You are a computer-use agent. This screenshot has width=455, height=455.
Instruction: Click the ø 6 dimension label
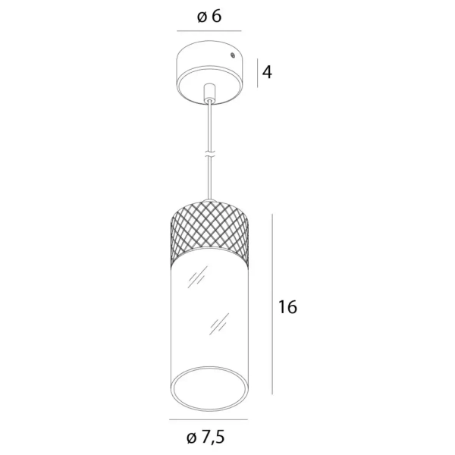click(209, 17)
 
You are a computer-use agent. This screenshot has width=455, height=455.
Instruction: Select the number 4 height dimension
click(267, 73)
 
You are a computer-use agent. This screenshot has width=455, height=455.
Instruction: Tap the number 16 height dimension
click(287, 307)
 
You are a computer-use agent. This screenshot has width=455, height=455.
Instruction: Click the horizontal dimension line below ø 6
click(209, 32)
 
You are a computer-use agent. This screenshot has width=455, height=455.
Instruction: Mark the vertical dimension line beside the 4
click(257, 73)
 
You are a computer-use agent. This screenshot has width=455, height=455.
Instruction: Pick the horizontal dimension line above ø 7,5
click(208, 419)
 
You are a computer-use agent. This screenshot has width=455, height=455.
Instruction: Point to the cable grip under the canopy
click(209, 92)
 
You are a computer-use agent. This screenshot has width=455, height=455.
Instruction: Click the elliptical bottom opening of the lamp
click(209, 388)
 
